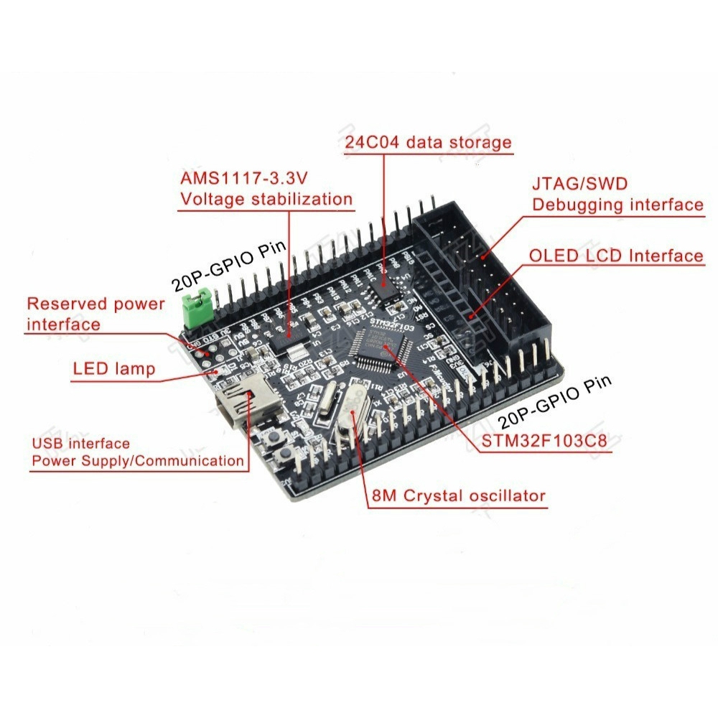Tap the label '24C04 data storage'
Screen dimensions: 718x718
(428, 141)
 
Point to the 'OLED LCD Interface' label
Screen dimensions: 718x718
(616, 256)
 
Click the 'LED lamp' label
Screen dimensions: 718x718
(113, 369)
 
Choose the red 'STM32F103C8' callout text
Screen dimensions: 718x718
(543, 439)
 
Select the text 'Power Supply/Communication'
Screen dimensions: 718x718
(137, 461)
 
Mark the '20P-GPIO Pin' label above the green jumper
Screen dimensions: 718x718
(229, 267)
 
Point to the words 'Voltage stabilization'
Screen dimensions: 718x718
(266, 199)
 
